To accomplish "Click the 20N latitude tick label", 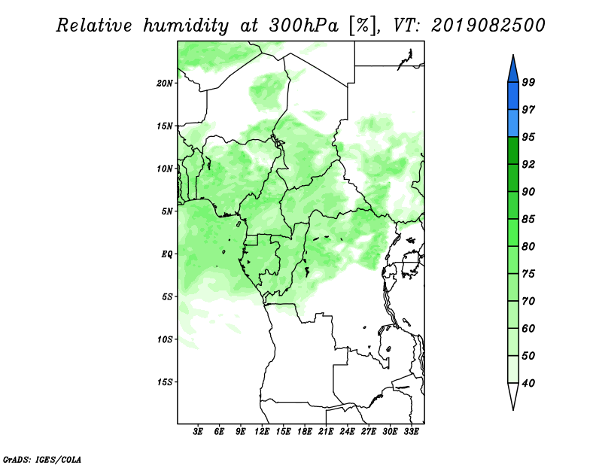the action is click(165, 84).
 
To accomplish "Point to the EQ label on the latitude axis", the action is click(166, 254).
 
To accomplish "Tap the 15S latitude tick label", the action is click(165, 382).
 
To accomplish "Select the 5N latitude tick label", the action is click(167, 211).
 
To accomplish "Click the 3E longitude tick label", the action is click(198, 431).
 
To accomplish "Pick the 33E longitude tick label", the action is click(411, 431).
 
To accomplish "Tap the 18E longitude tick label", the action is click(305, 431).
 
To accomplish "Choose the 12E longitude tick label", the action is click(262, 431).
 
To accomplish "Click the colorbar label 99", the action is click(528, 82).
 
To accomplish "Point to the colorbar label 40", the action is click(528, 383).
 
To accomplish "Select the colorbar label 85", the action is click(528, 219).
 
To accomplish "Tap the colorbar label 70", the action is click(528, 301).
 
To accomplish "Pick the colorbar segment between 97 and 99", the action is click(513, 96).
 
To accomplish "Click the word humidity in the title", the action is click(186, 26).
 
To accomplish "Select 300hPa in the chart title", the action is click(304, 26).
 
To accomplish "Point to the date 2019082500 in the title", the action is click(488, 26).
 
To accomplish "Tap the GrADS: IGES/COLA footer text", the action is click(42, 459).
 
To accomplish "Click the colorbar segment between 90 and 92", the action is click(513, 178).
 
